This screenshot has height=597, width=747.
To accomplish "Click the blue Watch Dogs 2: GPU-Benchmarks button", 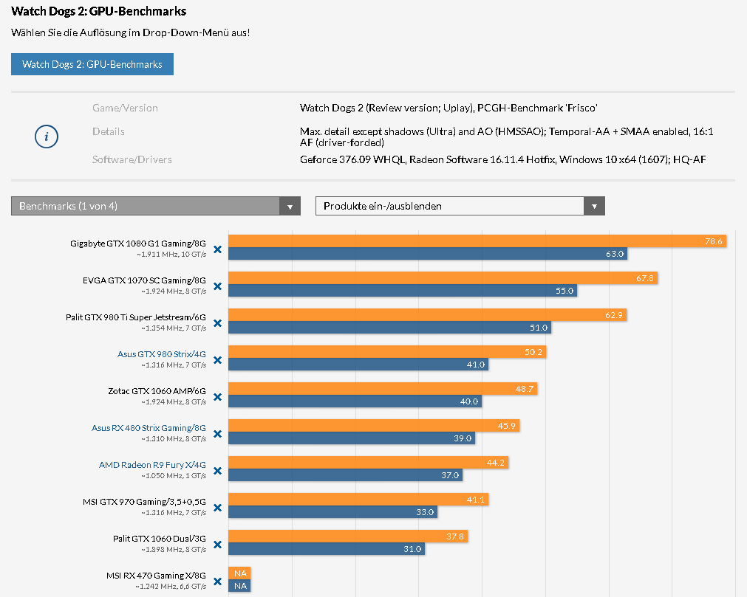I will [x=92, y=64].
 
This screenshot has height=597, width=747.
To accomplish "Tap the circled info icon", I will [x=47, y=137].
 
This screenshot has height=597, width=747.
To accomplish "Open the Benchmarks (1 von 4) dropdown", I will [x=155, y=206].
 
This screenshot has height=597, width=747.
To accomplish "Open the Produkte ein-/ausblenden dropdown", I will [x=460, y=206].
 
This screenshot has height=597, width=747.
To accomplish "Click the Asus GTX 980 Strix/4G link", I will [x=162, y=354].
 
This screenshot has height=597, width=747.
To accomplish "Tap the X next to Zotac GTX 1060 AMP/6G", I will [x=217, y=397].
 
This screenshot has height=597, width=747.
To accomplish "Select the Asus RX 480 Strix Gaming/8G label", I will [x=149, y=428].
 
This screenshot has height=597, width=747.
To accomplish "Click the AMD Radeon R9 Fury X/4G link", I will [x=152, y=465].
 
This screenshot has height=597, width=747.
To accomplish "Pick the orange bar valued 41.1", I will [x=358, y=500].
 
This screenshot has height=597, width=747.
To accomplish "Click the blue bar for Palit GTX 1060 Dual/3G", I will [x=326, y=549].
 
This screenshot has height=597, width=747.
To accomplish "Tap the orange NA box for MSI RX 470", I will [x=239, y=573].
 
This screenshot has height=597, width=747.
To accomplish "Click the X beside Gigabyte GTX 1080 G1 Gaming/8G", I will [x=217, y=249].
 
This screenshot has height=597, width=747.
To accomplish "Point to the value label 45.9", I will [x=507, y=426].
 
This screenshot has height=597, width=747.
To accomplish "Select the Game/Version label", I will [x=125, y=108].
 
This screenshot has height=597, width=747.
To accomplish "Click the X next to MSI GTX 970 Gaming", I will [x=217, y=508].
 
